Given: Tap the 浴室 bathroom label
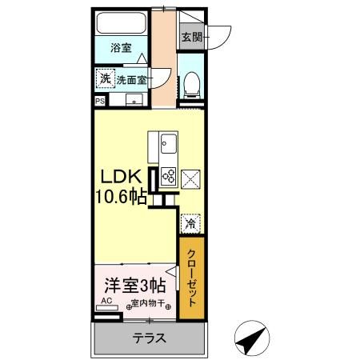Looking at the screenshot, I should click(121, 48).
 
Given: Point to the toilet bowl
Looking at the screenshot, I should click(191, 85).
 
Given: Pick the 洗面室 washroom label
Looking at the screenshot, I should click(132, 80).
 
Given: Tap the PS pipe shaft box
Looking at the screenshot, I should click(100, 102).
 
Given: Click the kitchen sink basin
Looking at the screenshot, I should click(170, 146).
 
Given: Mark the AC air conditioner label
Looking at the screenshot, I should click(106, 303).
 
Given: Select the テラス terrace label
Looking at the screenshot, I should click(150, 338).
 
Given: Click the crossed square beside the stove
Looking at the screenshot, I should click(191, 178).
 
